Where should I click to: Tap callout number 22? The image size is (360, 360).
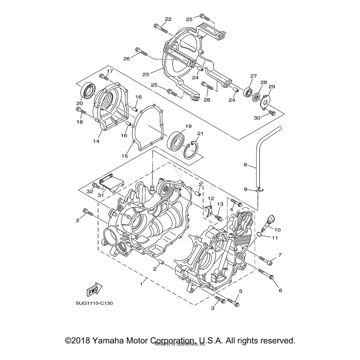168,19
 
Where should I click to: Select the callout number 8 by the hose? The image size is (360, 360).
245,165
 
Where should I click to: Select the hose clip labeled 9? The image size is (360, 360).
259,191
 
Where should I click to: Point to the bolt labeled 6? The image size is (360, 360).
266,274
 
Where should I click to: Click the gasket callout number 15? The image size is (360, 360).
125,156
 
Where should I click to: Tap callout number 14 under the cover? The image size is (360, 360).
96,141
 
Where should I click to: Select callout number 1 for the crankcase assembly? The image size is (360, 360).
141,284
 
